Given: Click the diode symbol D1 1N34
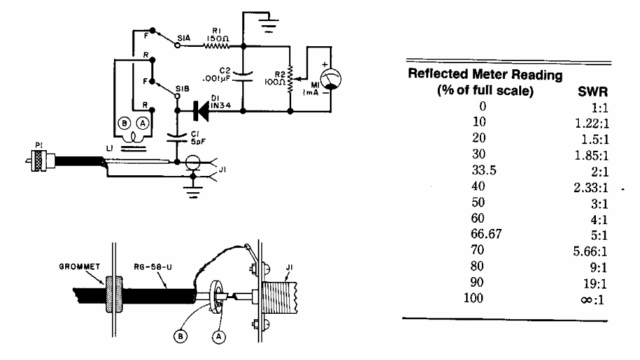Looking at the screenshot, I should tap(202, 109).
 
